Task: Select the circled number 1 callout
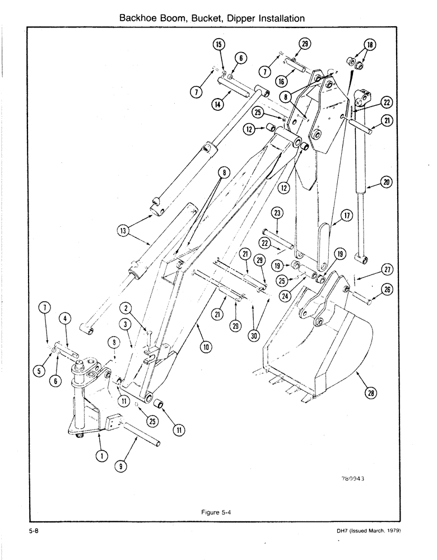click(102, 456)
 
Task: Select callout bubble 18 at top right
click(368, 46)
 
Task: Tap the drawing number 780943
click(355, 478)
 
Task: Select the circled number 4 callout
click(66, 319)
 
